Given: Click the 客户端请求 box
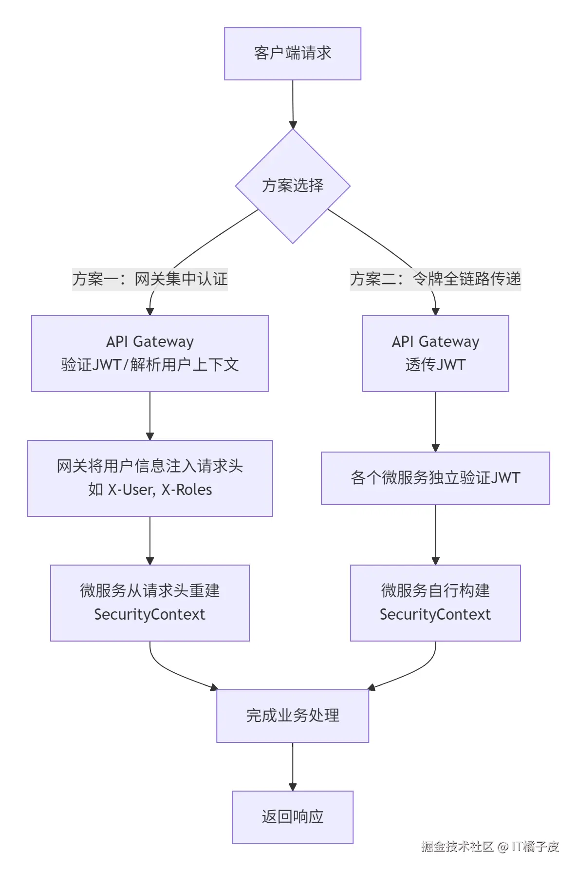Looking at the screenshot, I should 292,53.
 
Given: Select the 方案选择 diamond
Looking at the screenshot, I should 293,186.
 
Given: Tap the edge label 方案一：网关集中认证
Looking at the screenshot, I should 150,279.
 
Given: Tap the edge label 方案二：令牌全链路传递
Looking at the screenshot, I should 435,279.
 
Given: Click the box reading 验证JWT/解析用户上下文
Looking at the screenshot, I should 150,354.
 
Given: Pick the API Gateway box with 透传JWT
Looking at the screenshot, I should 435,354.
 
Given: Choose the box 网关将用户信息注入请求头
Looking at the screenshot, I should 150,478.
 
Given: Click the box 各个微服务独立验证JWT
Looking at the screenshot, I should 435,478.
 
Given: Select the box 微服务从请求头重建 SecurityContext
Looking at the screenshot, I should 150,603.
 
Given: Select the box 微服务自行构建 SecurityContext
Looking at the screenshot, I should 435,603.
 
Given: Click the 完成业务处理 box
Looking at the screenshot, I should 293,716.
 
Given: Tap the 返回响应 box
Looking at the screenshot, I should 293,817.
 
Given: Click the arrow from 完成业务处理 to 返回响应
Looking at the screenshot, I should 293,766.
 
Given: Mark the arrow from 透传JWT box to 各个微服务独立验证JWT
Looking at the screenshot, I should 435,421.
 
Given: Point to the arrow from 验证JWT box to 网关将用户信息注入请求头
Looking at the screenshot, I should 150,416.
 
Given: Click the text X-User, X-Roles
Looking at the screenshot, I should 160,490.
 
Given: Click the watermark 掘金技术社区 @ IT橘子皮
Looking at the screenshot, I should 490,847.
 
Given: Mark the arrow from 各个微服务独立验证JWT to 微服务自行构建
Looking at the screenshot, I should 435,534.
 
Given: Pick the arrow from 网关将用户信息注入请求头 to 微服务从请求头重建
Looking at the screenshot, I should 150,540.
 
